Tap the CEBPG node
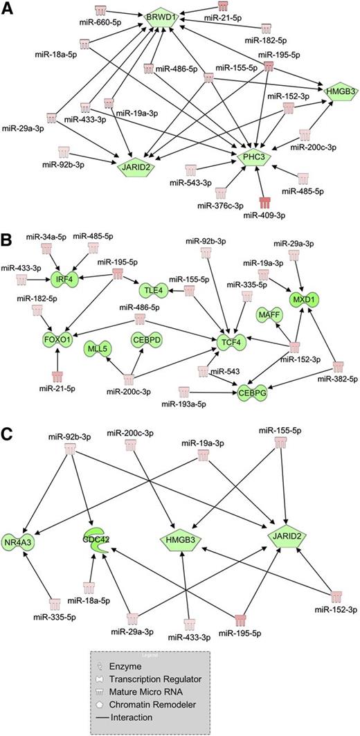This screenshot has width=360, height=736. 253,393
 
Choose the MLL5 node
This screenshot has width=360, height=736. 96,346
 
